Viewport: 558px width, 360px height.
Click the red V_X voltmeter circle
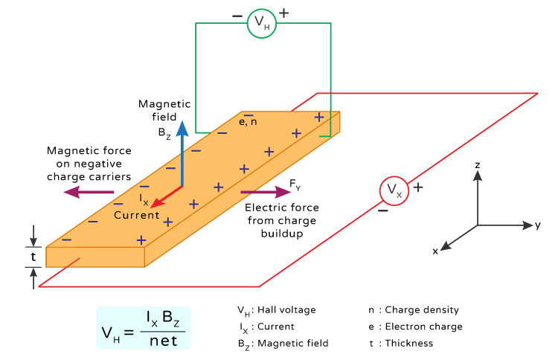click(395, 191)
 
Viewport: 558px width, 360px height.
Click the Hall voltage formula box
click(144, 328)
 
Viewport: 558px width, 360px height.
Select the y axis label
click(536, 225)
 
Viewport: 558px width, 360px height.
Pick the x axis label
click(435, 251)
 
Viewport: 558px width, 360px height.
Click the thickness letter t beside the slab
click(33, 257)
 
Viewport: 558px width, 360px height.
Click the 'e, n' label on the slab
click(248, 122)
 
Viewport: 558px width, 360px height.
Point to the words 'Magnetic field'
click(164, 110)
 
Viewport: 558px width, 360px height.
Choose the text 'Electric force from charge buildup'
click(281, 221)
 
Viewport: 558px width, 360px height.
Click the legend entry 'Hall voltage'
click(286, 309)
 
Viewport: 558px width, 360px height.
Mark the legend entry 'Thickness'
click(408, 343)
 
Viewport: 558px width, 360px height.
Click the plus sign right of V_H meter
click(283, 13)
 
